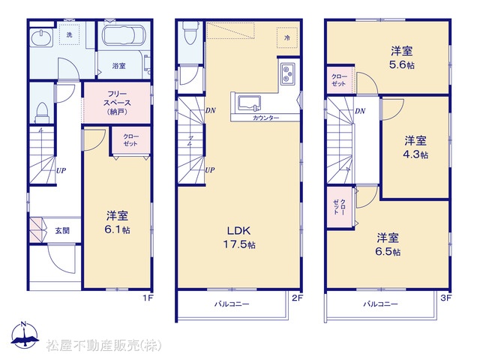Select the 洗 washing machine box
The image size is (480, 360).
[69, 34]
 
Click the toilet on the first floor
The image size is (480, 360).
[42, 112]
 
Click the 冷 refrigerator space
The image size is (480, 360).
[287, 37]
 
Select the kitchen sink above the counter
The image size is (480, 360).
[250, 103]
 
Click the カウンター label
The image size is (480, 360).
[265, 118]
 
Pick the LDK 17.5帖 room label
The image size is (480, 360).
[239, 237]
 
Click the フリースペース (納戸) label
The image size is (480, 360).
[118, 103]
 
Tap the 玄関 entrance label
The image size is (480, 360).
[62, 230]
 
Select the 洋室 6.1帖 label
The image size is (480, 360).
[117, 223]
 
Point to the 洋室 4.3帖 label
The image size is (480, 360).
[415, 148]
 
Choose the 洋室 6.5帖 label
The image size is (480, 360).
[388, 244]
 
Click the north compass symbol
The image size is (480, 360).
[25, 335]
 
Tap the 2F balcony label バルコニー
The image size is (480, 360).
[232, 304]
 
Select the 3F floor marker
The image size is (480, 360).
[446, 298]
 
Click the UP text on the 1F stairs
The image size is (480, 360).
[61, 170]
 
